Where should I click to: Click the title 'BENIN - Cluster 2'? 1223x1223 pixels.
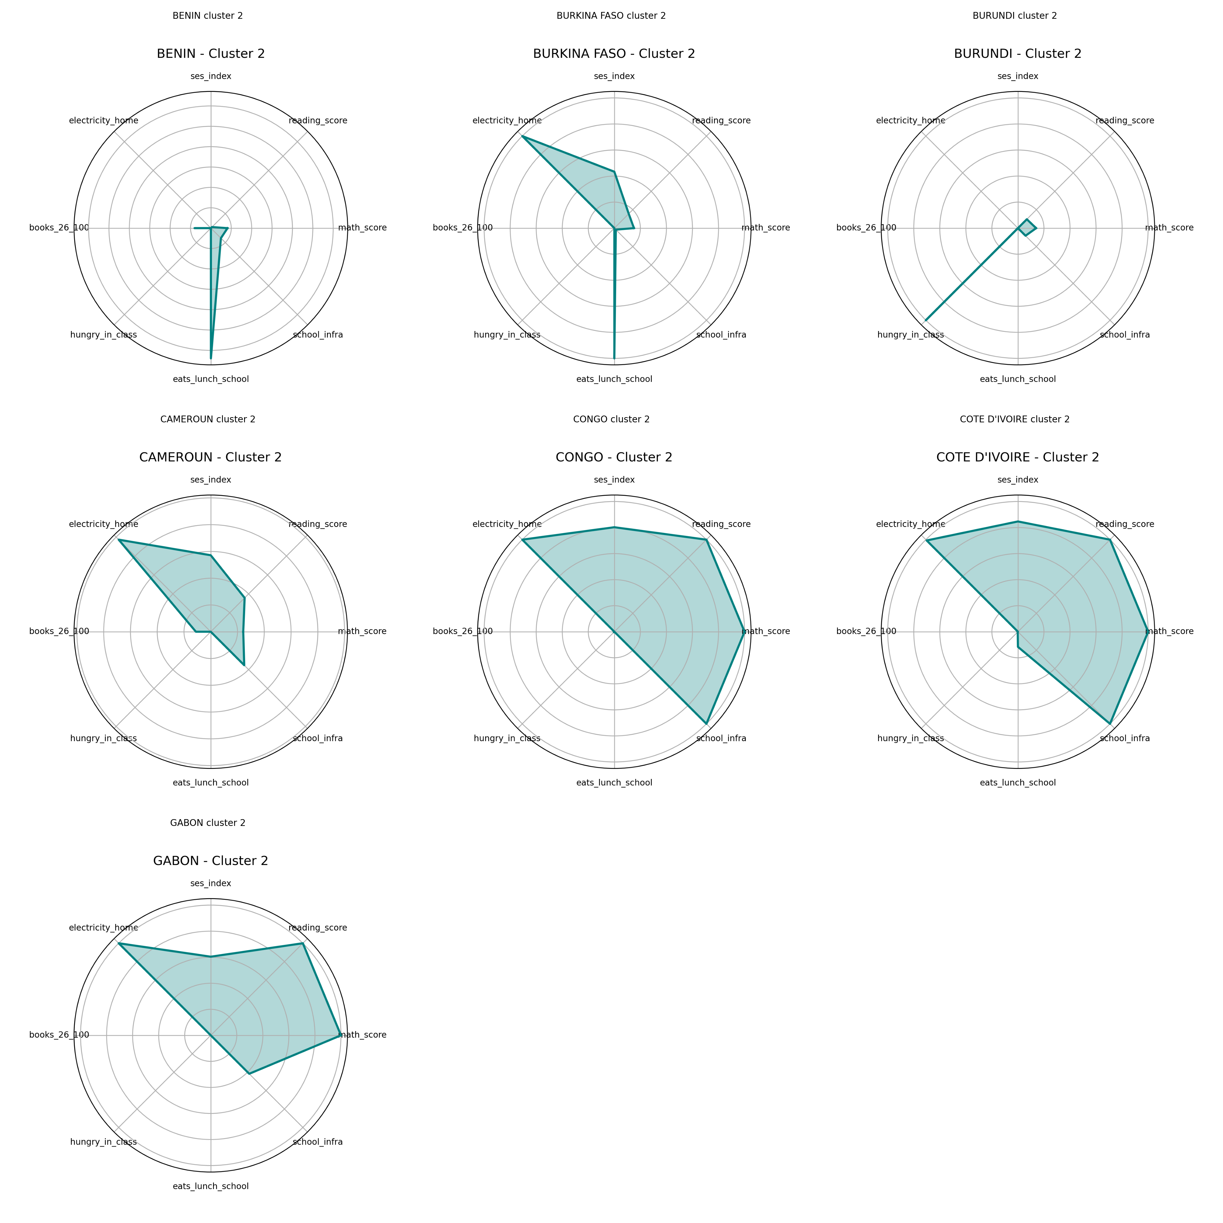pyautogui.click(x=211, y=54)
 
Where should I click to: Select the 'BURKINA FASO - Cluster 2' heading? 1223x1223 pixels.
pyautogui.click(x=614, y=54)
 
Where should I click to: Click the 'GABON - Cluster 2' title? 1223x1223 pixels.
pyautogui.click(x=211, y=861)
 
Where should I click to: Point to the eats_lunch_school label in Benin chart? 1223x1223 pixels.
pyautogui.click(x=211, y=379)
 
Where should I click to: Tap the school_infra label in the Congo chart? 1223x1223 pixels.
pyautogui.click(x=721, y=738)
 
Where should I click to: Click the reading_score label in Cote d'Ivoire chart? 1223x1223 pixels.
pyautogui.click(x=1125, y=524)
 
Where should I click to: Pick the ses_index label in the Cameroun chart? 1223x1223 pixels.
pyautogui.click(x=211, y=480)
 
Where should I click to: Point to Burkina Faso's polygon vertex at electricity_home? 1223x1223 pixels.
pyautogui.click(x=522, y=136)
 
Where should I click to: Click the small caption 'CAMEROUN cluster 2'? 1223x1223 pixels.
pyautogui.click(x=208, y=419)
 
